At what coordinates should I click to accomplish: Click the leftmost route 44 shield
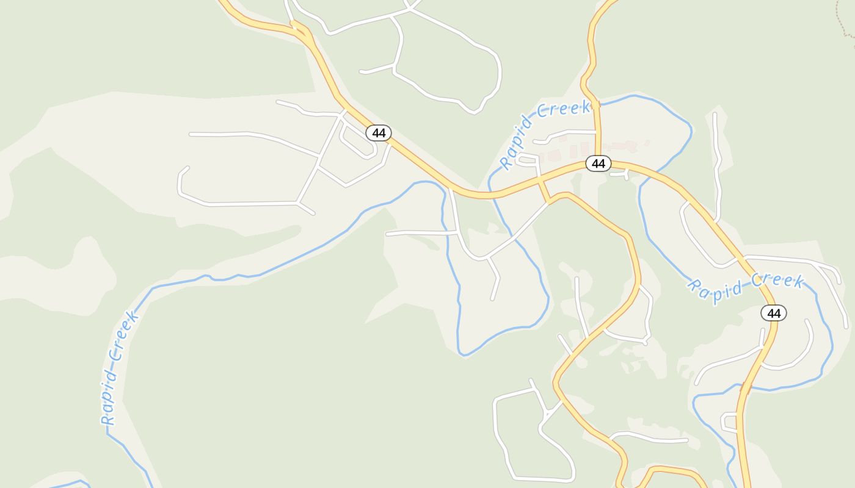pos(379,132)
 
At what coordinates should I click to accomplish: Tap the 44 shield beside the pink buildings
pos(598,163)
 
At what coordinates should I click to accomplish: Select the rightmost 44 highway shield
pos(773,313)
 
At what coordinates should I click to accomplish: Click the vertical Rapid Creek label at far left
pos(119,368)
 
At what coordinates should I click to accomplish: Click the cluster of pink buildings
pos(586,148)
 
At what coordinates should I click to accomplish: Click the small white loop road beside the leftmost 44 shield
pos(357,142)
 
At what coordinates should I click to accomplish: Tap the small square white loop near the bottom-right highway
pos(729,422)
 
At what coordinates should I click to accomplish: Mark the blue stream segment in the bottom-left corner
pos(67,484)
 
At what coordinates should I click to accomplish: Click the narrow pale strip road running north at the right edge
pos(718,165)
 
